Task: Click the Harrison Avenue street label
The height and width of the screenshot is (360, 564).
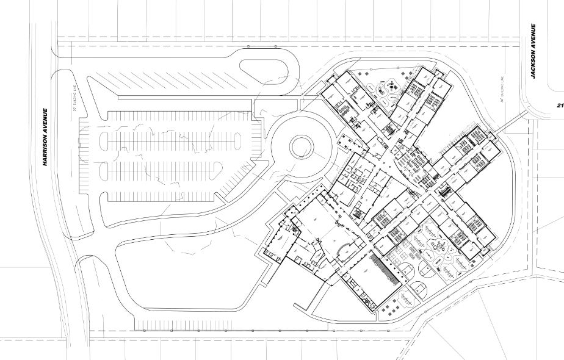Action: click(45, 137)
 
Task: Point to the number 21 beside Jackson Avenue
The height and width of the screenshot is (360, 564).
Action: click(560, 105)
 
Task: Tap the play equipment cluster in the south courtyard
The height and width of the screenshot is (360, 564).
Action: click(439, 247)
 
